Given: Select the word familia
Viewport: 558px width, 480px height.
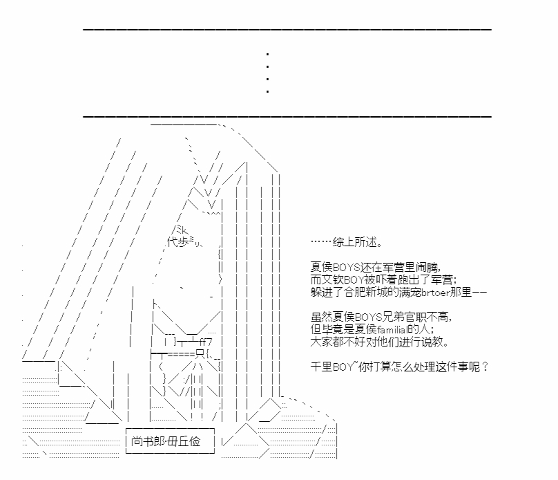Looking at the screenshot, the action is click(x=391, y=330).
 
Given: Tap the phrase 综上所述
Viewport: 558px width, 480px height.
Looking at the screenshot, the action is click(x=354, y=242).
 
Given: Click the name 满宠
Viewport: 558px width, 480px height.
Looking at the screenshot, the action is click(x=410, y=293).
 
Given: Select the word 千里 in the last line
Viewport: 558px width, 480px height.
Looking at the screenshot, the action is click(x=321, y=367).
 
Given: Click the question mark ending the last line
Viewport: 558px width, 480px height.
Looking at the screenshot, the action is click(x=485, y=367).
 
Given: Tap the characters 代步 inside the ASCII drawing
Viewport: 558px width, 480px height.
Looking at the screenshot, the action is click(x=177, y=242).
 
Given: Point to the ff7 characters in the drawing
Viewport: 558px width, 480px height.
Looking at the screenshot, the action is click(x=206, y=343).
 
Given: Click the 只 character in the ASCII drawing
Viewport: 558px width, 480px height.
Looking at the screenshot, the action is click(x=200, y=354).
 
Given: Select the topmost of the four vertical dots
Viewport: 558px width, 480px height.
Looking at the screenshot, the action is click(x=267, y=54).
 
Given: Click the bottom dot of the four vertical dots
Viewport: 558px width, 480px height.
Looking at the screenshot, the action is click(x=267, y=91).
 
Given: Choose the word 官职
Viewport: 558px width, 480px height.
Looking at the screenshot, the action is click(x=415, y=317).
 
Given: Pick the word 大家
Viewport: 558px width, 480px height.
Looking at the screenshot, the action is click(x=321, y=342).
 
